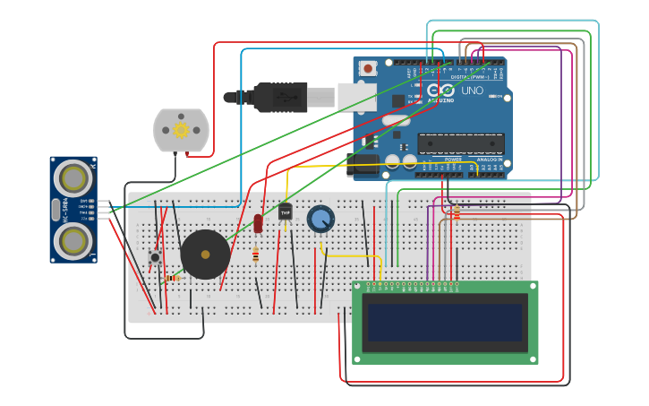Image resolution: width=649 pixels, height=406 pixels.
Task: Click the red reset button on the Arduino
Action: click(x=367, y=68)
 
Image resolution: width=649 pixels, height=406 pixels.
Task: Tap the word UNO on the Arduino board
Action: click(x=472, y=91)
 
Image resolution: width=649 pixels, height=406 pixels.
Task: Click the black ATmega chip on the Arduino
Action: click(x=461, y=143)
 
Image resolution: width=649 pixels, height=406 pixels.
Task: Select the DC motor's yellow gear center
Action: click(x=181, y=130)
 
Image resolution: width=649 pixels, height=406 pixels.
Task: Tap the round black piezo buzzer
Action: click(x=205, y=255)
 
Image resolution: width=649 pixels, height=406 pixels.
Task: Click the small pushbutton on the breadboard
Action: click(x=155, y=257)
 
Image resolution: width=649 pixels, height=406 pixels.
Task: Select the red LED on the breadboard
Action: click(x=258, y=223)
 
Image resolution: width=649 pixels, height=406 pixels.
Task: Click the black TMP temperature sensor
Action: click(x=285, y=212)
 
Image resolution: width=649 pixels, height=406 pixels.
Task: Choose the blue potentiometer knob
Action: click(x=320, y=218)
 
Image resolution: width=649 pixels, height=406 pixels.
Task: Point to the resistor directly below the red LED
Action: click(x=256, y=255)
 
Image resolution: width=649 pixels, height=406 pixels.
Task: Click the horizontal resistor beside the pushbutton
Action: click(x=173, y=278)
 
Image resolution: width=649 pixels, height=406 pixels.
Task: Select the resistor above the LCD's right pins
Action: click(x=457, y=212)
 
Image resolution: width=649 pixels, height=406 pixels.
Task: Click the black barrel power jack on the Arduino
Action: click(x=365, y=163)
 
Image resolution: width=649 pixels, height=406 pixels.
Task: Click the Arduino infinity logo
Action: click(x=440, y=91)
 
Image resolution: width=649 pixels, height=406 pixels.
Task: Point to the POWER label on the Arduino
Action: click(x=453, y=160)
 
